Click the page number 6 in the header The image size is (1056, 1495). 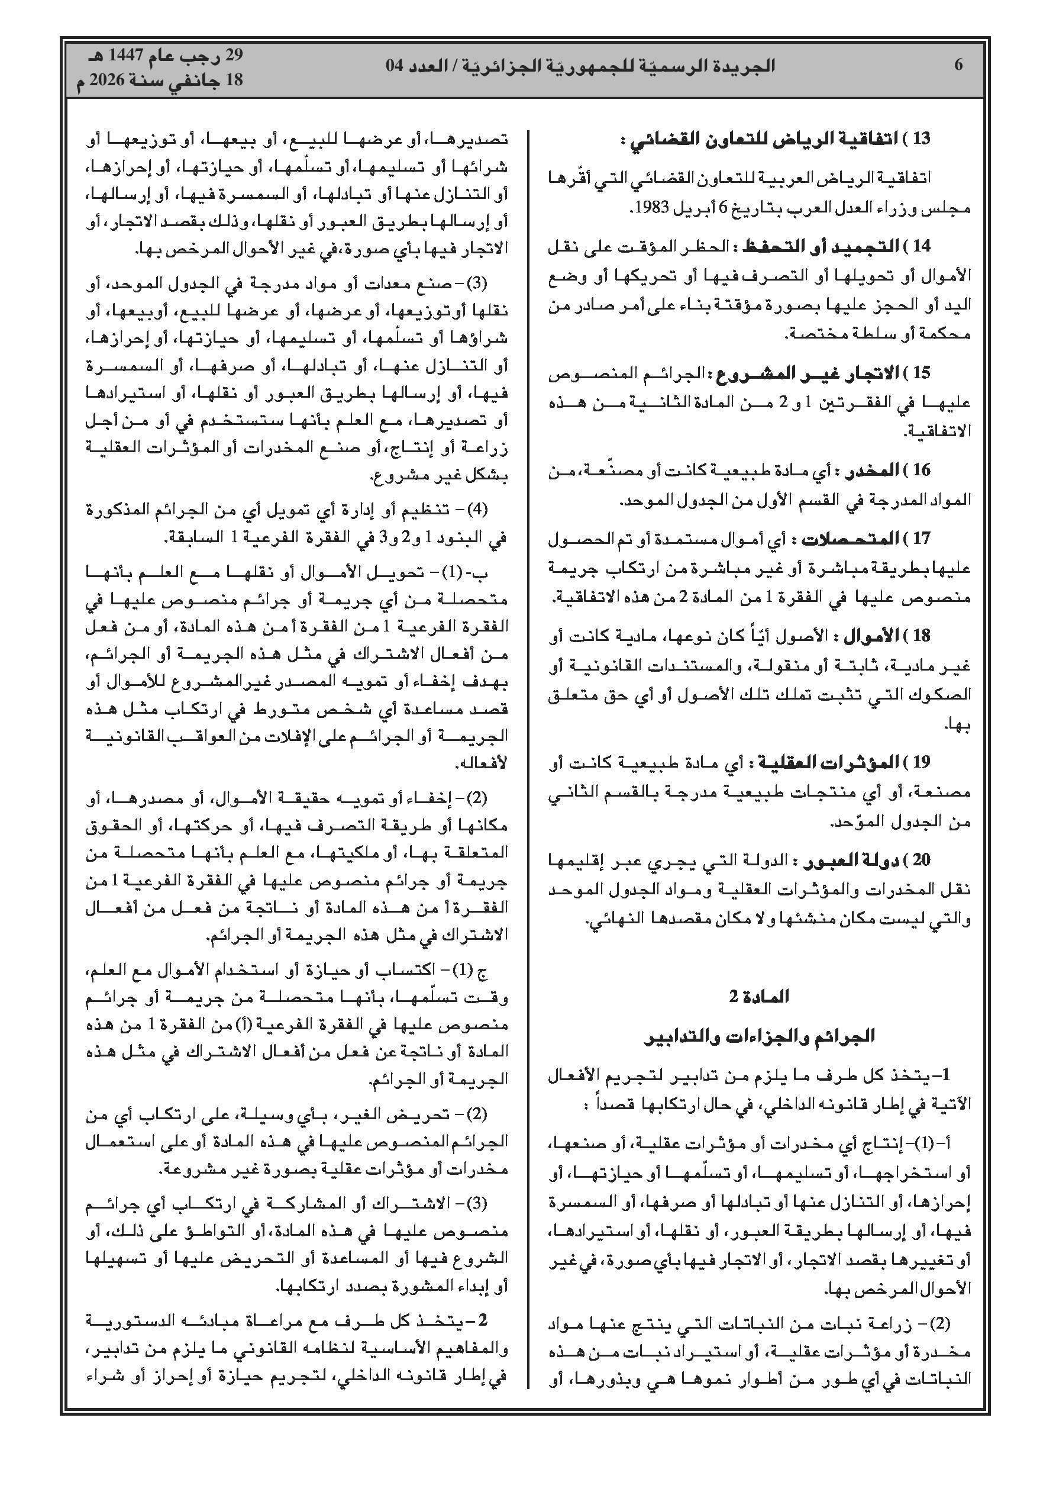tap(958, 65)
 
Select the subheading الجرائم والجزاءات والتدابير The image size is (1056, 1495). tap(759, 1036)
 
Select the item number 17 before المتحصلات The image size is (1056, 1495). tap(922, 539)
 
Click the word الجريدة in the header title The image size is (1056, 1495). tap(747, 66)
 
